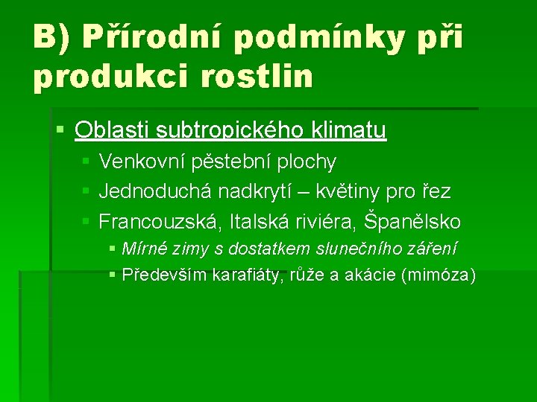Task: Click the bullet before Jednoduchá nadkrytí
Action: (86, 192)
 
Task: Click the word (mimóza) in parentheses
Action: (438, 275)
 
